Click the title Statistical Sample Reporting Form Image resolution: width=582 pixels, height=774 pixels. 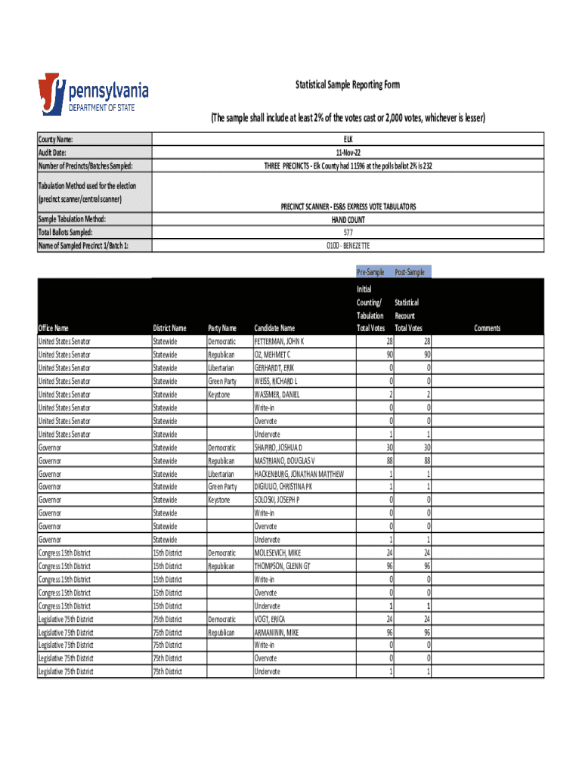347,85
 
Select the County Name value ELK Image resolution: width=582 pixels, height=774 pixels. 348,139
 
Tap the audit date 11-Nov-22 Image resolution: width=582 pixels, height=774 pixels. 348,153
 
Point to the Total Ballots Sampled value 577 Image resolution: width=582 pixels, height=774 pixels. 348,233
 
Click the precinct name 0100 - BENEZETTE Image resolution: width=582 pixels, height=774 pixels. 348,246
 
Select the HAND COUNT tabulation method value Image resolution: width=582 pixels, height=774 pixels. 348,220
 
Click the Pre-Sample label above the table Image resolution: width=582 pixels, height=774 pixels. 371,272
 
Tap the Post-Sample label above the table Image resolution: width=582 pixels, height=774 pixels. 409,272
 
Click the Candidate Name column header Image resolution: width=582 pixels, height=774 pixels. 274,328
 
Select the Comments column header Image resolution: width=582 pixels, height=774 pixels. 488,328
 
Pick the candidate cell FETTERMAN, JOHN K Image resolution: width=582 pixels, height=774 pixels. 279,342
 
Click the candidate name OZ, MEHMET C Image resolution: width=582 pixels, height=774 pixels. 272,354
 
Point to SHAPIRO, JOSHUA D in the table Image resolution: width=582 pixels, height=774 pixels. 277,447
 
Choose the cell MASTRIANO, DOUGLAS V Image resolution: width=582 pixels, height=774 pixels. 284,460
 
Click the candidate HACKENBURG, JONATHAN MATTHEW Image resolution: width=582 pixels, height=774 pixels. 299,474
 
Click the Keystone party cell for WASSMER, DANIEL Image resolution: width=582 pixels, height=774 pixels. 220,395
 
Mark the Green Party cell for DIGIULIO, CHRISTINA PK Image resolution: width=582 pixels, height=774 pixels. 222,487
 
